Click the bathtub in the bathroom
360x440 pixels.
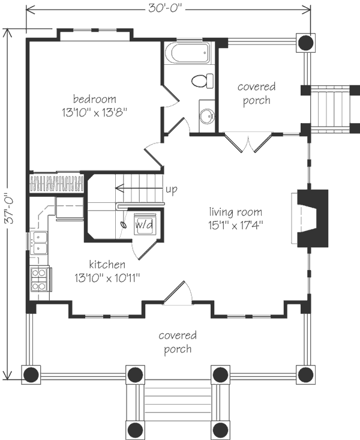click(187, 53)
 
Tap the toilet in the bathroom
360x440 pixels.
click(202, 81)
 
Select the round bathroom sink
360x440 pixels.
click(207, 116)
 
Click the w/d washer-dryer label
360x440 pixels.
click(144, 225)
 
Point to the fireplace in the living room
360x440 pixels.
click(312, 218)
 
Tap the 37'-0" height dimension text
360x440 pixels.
click(10, 208)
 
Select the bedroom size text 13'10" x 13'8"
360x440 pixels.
click(95, 112)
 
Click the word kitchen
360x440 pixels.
click(107, 264)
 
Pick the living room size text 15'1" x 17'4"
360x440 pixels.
click(235, 225)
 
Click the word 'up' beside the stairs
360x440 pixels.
click(172, 190)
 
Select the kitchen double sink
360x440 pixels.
click(39, 243)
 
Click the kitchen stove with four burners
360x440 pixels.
click(41, 279)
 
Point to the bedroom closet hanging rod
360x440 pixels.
click(56, 184)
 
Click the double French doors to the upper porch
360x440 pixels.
click(248, 143)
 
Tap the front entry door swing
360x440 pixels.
click(178, 293)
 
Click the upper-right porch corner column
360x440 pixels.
click(305, 43)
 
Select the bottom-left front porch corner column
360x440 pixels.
click(31, 375)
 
